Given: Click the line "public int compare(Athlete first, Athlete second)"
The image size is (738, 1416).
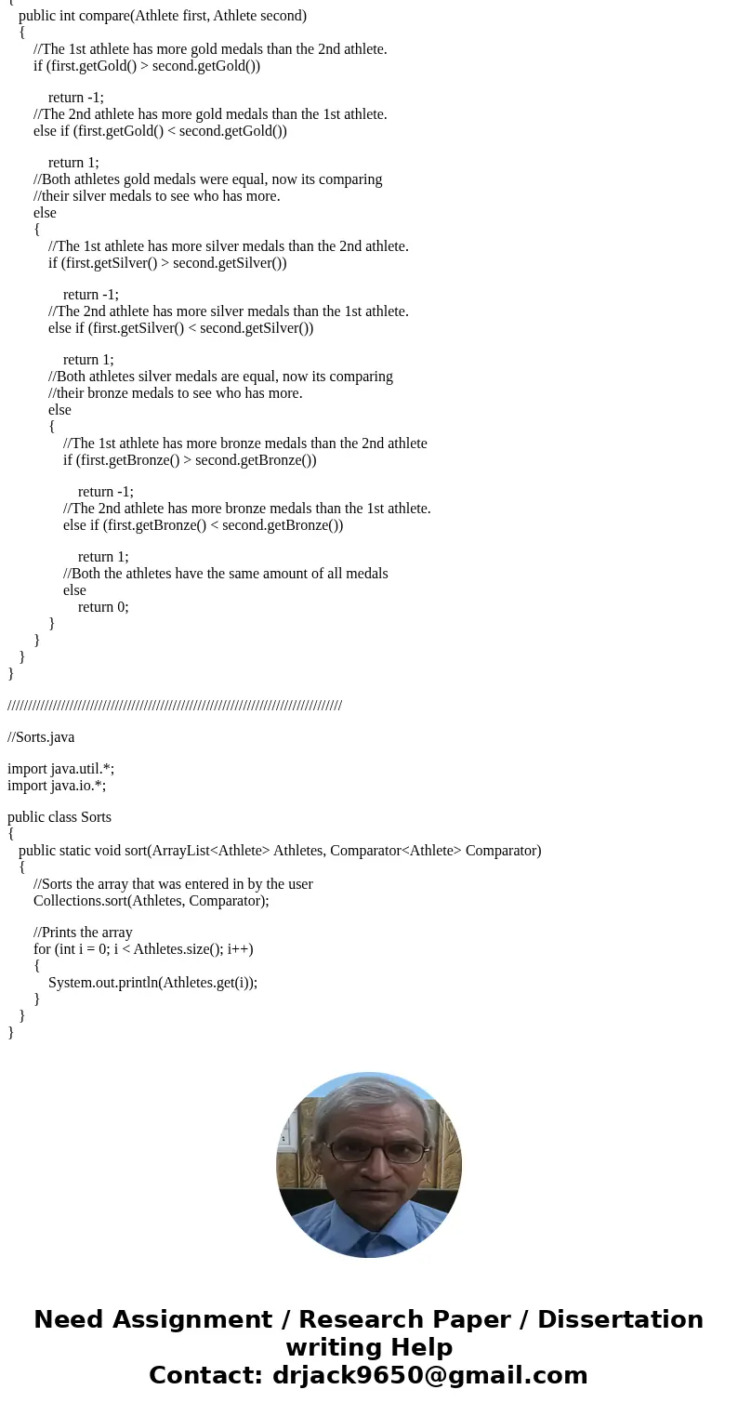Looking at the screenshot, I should tap(162, 16).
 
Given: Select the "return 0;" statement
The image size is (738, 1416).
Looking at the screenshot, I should tap(103, 607).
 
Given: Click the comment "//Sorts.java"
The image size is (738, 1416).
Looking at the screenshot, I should tap(41, 737).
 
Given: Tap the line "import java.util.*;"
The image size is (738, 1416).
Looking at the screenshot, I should tap(60, 769).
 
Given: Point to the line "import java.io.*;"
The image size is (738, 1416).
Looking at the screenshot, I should tap(57, 786).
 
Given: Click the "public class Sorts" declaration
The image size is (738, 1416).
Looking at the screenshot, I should tap(59, 817).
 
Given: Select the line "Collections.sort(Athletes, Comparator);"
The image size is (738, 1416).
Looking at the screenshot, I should tap(151, 901).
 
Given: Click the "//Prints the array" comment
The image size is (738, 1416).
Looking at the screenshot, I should tap(83, 933).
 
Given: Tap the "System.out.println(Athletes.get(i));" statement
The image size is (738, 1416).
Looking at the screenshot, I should tap(152, 983).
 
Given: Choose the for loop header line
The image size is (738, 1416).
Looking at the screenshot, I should tap(143, 949).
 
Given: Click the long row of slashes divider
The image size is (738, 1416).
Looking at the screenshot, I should tap(175, 706).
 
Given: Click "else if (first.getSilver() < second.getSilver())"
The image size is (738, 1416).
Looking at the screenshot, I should tap(180, 328).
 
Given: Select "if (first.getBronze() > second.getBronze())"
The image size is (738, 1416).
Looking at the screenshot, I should tap(190, 460).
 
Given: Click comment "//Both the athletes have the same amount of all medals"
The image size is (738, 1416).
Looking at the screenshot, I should tap(226, 574).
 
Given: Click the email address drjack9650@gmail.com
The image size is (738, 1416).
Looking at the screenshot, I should tap(429, 1376).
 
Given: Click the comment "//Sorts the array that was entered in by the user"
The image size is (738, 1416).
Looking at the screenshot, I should tap(173, 884).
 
